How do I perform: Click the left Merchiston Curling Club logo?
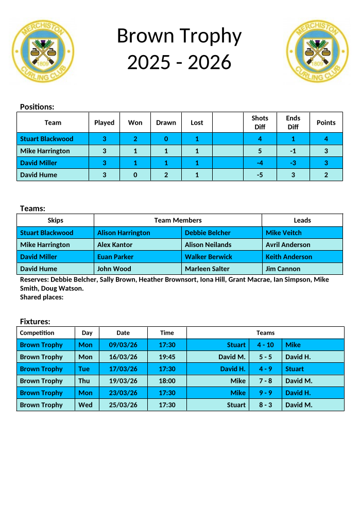(x=44, y=51)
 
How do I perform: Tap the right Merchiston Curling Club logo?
(x=317, y=51)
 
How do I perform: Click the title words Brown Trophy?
(x=179, y=36)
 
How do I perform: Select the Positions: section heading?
(x=37, y=107)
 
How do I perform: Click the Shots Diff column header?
(x=260, y=122)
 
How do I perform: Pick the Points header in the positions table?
(x=325, y=122)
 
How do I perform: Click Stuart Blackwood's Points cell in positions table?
(x=325, y=138)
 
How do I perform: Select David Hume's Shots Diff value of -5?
(x=260, y=175)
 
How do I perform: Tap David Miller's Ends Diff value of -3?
(x=293, y=163)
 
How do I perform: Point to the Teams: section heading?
(x=32, y=208)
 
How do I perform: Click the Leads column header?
(x=302, y=220)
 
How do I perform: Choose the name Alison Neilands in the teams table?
(x=208, y=244)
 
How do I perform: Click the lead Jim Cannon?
(x=283, y=269)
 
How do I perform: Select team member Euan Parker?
(x=115, y=257)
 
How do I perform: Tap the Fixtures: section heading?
(x=35, y=321)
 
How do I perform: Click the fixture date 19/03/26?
(x=123, y=381)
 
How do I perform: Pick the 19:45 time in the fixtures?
(x=167, y=357)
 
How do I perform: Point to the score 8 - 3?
(x=265, y=405)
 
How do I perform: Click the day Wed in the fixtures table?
(x=85, y=405)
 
